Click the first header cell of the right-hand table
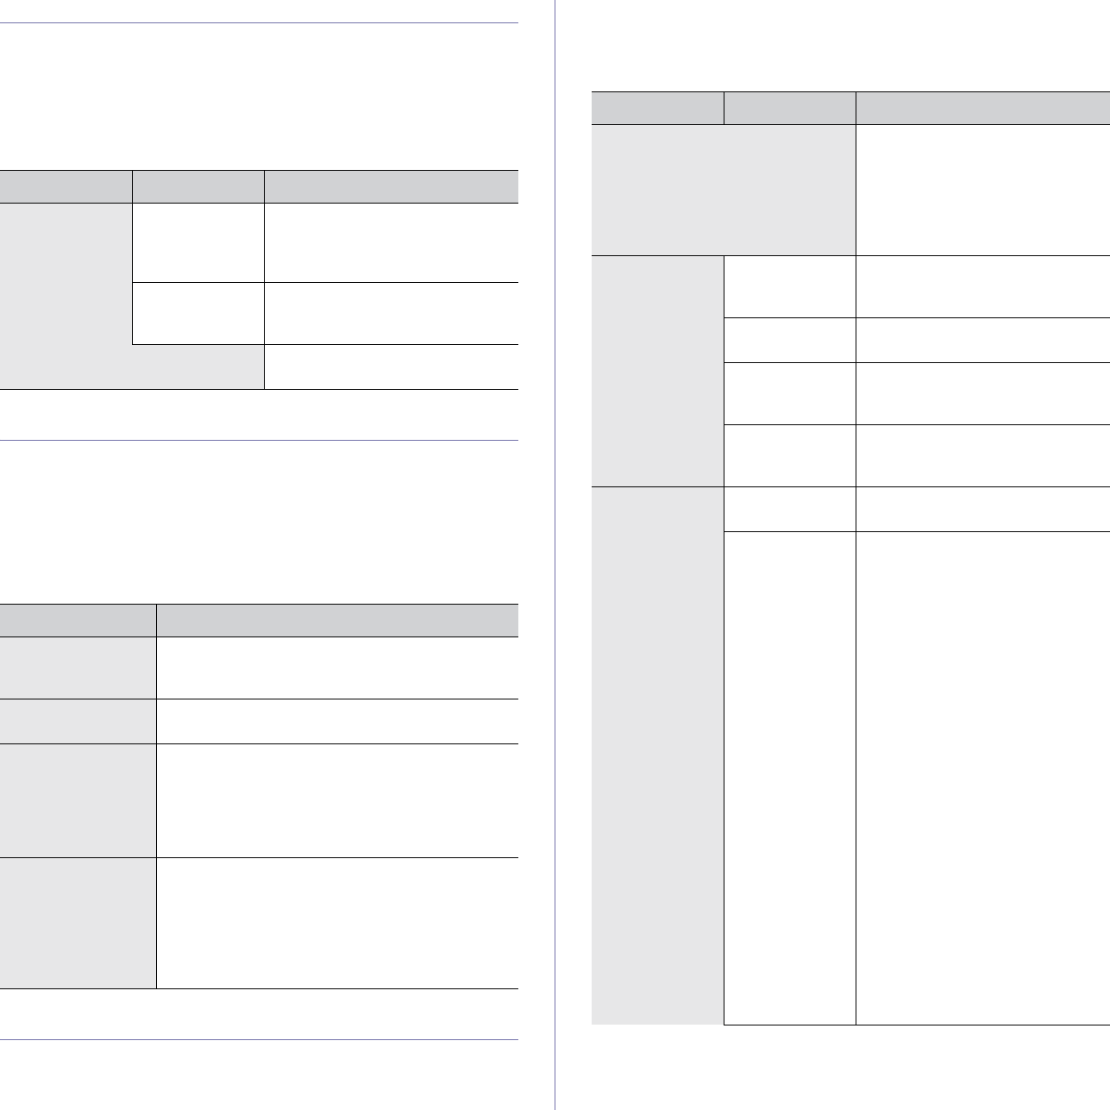click(657, 108)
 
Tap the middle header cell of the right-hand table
click(789, 108)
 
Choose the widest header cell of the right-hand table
click(982, 108)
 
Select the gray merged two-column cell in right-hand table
click(723, 190)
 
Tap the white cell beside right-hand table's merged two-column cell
click(982, 190)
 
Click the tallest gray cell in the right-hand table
click(657, 755)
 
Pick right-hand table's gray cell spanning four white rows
click(657, 371)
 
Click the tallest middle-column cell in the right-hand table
click(789, 777)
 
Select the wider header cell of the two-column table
click(337, 620)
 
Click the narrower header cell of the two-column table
click(78, 620)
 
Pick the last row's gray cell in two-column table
click(78, 923)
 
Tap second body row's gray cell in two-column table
click(78, 721)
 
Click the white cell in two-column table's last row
click(337, 923)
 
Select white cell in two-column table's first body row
click(337, 668)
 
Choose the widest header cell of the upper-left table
click(391, 186)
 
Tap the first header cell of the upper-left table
click(66, 186)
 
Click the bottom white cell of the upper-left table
click(391, 367)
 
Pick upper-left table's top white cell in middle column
click(198, 242)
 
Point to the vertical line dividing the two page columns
click(555, 552)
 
